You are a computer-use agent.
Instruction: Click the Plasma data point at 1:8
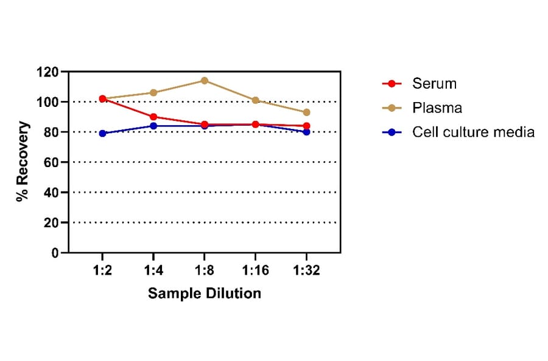(205, 80)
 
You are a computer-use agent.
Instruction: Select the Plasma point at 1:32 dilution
(306, 112)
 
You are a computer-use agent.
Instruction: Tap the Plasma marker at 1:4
(153, 92)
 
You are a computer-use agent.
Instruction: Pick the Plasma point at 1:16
(255, 100)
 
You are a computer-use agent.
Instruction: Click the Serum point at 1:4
(153, 117)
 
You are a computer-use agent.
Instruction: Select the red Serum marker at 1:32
(306, 126)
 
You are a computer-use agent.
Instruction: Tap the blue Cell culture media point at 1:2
(102, 133)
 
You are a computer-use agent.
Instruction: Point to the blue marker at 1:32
(306, 132)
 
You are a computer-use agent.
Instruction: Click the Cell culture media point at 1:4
(153, 126)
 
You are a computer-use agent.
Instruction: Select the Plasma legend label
(437, 108)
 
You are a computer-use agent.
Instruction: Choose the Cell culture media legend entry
(472, 132)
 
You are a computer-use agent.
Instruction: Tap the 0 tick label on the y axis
(55, 253)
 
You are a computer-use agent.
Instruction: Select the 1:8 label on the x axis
(205, 270)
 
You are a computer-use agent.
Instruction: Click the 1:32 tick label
(306, 270)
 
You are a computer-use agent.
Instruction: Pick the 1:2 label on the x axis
(102, 270)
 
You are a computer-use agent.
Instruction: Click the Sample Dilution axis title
(205, 294)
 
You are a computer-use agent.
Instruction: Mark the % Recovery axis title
(23, 162)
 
